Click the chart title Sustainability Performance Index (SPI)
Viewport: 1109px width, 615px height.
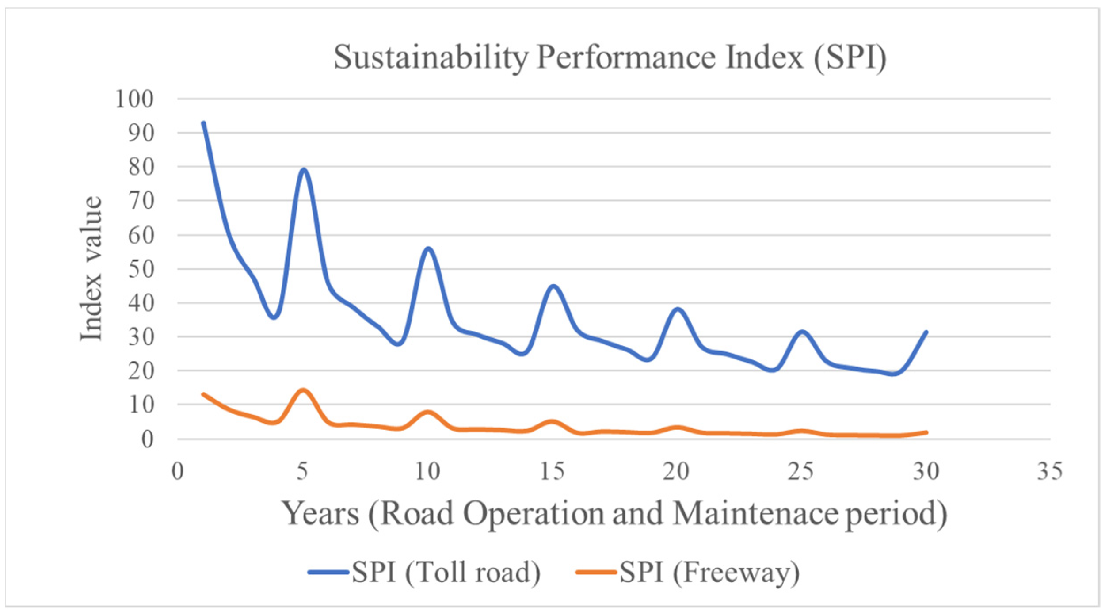pos(610,57)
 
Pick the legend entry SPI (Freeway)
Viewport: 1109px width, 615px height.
pos(709,572)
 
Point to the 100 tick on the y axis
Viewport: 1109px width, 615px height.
pos(134,99)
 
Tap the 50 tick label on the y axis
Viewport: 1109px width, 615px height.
pos(141,269)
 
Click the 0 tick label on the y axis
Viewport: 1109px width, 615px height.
pos(148,439)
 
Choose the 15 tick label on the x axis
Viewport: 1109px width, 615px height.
pos(552,471)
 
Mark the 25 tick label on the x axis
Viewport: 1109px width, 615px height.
pos(801,471)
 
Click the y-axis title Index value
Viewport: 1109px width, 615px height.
pos(92,269)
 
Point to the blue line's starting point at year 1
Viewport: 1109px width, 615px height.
pos(203,123)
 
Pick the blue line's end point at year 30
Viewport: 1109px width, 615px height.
pos(926,332)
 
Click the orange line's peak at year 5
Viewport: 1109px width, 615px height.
pos(303,390)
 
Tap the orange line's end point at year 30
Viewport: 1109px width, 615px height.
pos(926,432)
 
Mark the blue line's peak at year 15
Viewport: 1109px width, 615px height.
pos(553,286)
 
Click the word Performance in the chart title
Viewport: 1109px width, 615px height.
pos(625,57)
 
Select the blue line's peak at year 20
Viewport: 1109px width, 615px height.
pos(677,309)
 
